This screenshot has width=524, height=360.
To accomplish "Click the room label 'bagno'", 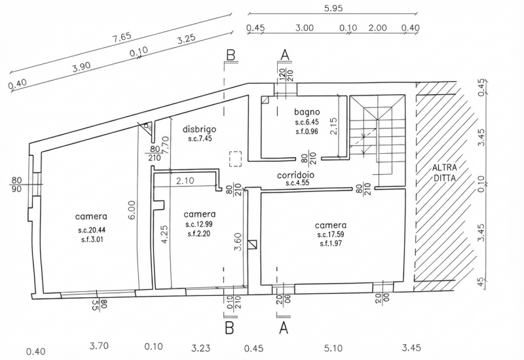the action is [307, 112].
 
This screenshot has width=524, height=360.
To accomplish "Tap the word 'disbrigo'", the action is [200, 129].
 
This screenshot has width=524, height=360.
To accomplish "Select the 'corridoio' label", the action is [296, 175].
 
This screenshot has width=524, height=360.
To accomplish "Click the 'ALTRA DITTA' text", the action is [445, 172].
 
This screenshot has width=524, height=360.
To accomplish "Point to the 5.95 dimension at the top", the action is [333, 8].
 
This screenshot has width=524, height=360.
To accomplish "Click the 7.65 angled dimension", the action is [122, 37].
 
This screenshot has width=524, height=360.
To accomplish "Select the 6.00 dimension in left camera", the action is [132, 209].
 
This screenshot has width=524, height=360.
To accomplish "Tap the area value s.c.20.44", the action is [91, 230].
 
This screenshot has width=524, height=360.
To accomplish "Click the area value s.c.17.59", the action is [331, 234].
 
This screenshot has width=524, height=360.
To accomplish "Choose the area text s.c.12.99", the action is [199, 225].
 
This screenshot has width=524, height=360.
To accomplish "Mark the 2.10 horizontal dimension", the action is [185, 181].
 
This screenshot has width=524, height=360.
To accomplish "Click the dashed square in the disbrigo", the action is [235, 159].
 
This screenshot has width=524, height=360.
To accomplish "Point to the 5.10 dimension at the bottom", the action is [333, 349].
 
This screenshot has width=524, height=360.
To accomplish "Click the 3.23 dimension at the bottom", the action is [201, 349].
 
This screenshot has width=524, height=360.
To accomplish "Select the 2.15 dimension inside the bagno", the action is [333, 126].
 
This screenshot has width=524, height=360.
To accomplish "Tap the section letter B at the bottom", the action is [229, 329].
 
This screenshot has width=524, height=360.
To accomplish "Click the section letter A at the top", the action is [285, 55].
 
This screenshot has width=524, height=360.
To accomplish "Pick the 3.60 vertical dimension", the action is [238, 242].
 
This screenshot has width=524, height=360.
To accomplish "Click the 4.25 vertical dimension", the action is [165, 235].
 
